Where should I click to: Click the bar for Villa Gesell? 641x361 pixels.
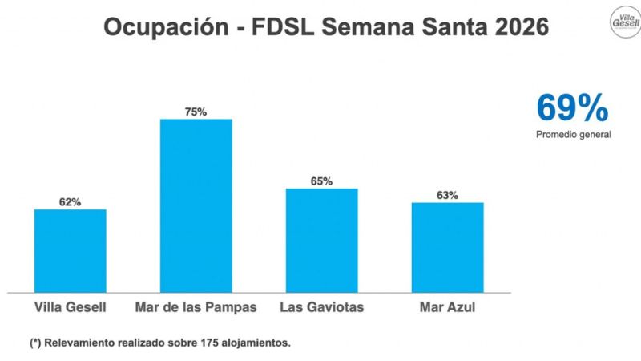point(71,250)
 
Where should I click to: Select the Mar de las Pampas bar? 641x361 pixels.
point(196,205)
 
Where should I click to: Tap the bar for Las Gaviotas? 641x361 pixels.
point(321,240)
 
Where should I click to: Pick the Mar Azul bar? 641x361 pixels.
point(447,247)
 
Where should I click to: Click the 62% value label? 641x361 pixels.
point(70,202)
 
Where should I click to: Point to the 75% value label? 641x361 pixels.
point(196,112)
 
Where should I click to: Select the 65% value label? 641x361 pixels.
point(321,181)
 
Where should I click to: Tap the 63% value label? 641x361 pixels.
point(447,195)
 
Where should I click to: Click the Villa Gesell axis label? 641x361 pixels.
point(71,307)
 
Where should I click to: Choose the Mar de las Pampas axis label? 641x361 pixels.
point(196,307)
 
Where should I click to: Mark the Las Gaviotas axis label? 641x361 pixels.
point(321,307)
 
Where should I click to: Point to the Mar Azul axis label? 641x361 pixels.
point(447,307)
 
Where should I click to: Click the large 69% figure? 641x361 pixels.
point(572,107)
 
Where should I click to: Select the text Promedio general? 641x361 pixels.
point(573,134)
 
